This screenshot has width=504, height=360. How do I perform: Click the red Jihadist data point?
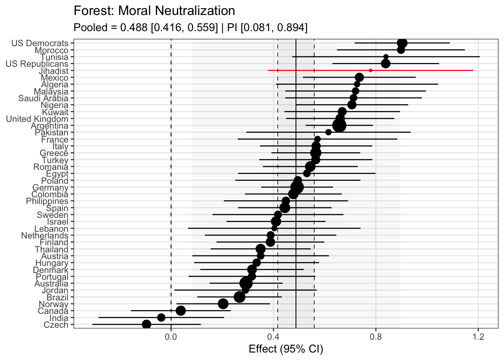(370, 70)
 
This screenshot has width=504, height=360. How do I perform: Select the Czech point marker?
(147, 324)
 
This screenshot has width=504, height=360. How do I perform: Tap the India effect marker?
(161, 318)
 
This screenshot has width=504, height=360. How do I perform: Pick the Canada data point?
(181, 310)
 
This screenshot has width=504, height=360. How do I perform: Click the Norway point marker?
(223, 304)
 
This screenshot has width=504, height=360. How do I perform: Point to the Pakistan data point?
(328, 132)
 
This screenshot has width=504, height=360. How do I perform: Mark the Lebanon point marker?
(274, 228)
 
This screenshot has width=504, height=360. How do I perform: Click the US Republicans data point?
(385, 64)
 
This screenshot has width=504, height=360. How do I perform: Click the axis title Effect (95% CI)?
(286, 349)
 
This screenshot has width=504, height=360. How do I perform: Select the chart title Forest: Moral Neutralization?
(154, 11)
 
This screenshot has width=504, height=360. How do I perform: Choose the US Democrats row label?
(40, 43)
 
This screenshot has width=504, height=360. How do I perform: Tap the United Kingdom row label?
(37, 119)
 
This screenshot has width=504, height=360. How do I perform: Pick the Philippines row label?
(47, 201)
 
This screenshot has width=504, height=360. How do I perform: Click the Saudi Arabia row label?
(43, 99)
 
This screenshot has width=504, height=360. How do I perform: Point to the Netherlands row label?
(45, 236)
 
